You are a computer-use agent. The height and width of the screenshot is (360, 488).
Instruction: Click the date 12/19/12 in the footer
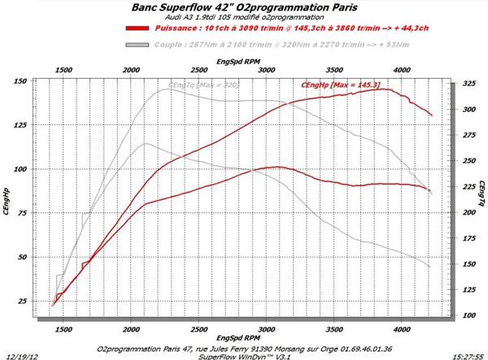20,355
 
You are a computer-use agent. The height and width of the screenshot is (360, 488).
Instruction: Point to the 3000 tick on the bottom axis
265,332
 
